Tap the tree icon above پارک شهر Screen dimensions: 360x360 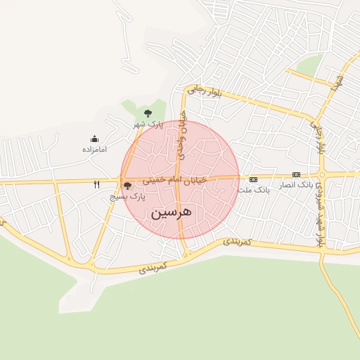(x=147, y=113)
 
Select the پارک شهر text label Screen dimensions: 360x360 (x=148, y=124)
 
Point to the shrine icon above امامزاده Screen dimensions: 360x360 (x=94, y=139)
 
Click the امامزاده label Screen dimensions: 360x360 (x=94, y=150)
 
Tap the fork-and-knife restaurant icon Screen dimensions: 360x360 (x=97, y=185)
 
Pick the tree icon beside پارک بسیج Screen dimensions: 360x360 (x=127, y=186)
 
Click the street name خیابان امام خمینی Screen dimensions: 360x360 (x=175, y=181)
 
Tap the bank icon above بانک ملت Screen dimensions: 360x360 (x=253, y=179)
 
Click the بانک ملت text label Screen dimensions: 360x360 (x=253, y=190)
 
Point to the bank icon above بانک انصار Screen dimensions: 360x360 (x=296, y=174)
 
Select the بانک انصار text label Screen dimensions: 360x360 (x=295, y=185)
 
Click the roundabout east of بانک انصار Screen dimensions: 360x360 (x=322, y=175)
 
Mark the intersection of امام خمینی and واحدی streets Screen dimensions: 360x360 (x=180, y=179)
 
